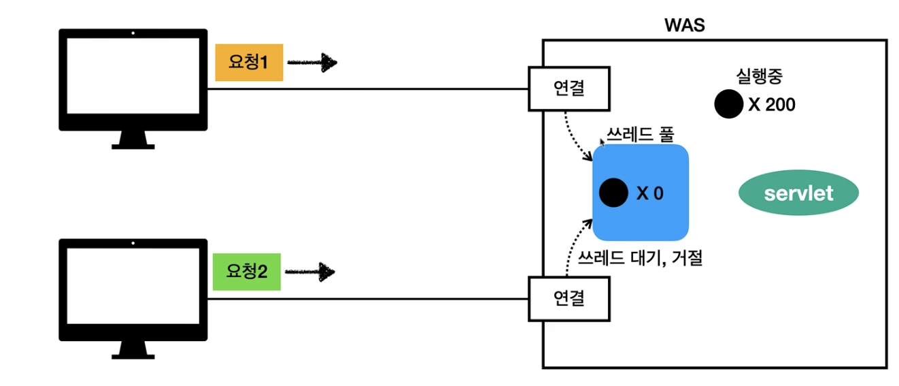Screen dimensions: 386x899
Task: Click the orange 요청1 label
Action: (249, 63)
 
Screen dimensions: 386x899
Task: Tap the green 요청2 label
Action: (247, 272)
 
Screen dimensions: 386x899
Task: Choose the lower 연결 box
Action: (569, 298)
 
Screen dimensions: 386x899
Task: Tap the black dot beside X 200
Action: (728, 104)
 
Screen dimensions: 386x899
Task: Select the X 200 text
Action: (771, 105)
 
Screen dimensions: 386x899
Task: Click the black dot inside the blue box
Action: (613, 193)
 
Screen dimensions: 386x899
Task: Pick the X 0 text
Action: (649, 193)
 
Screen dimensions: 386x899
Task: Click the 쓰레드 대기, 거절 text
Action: (640, 257)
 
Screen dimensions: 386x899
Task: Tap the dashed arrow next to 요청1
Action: (312, 63)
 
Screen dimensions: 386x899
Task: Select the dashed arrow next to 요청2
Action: (310, 272)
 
